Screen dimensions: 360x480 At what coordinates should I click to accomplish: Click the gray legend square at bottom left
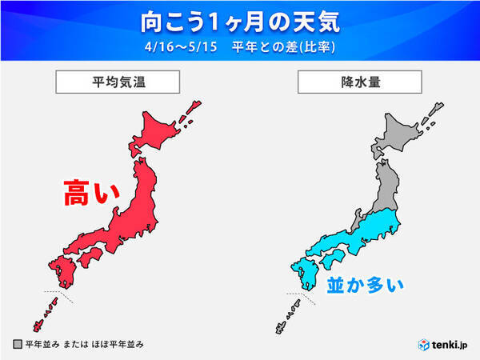coord(18,344)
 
